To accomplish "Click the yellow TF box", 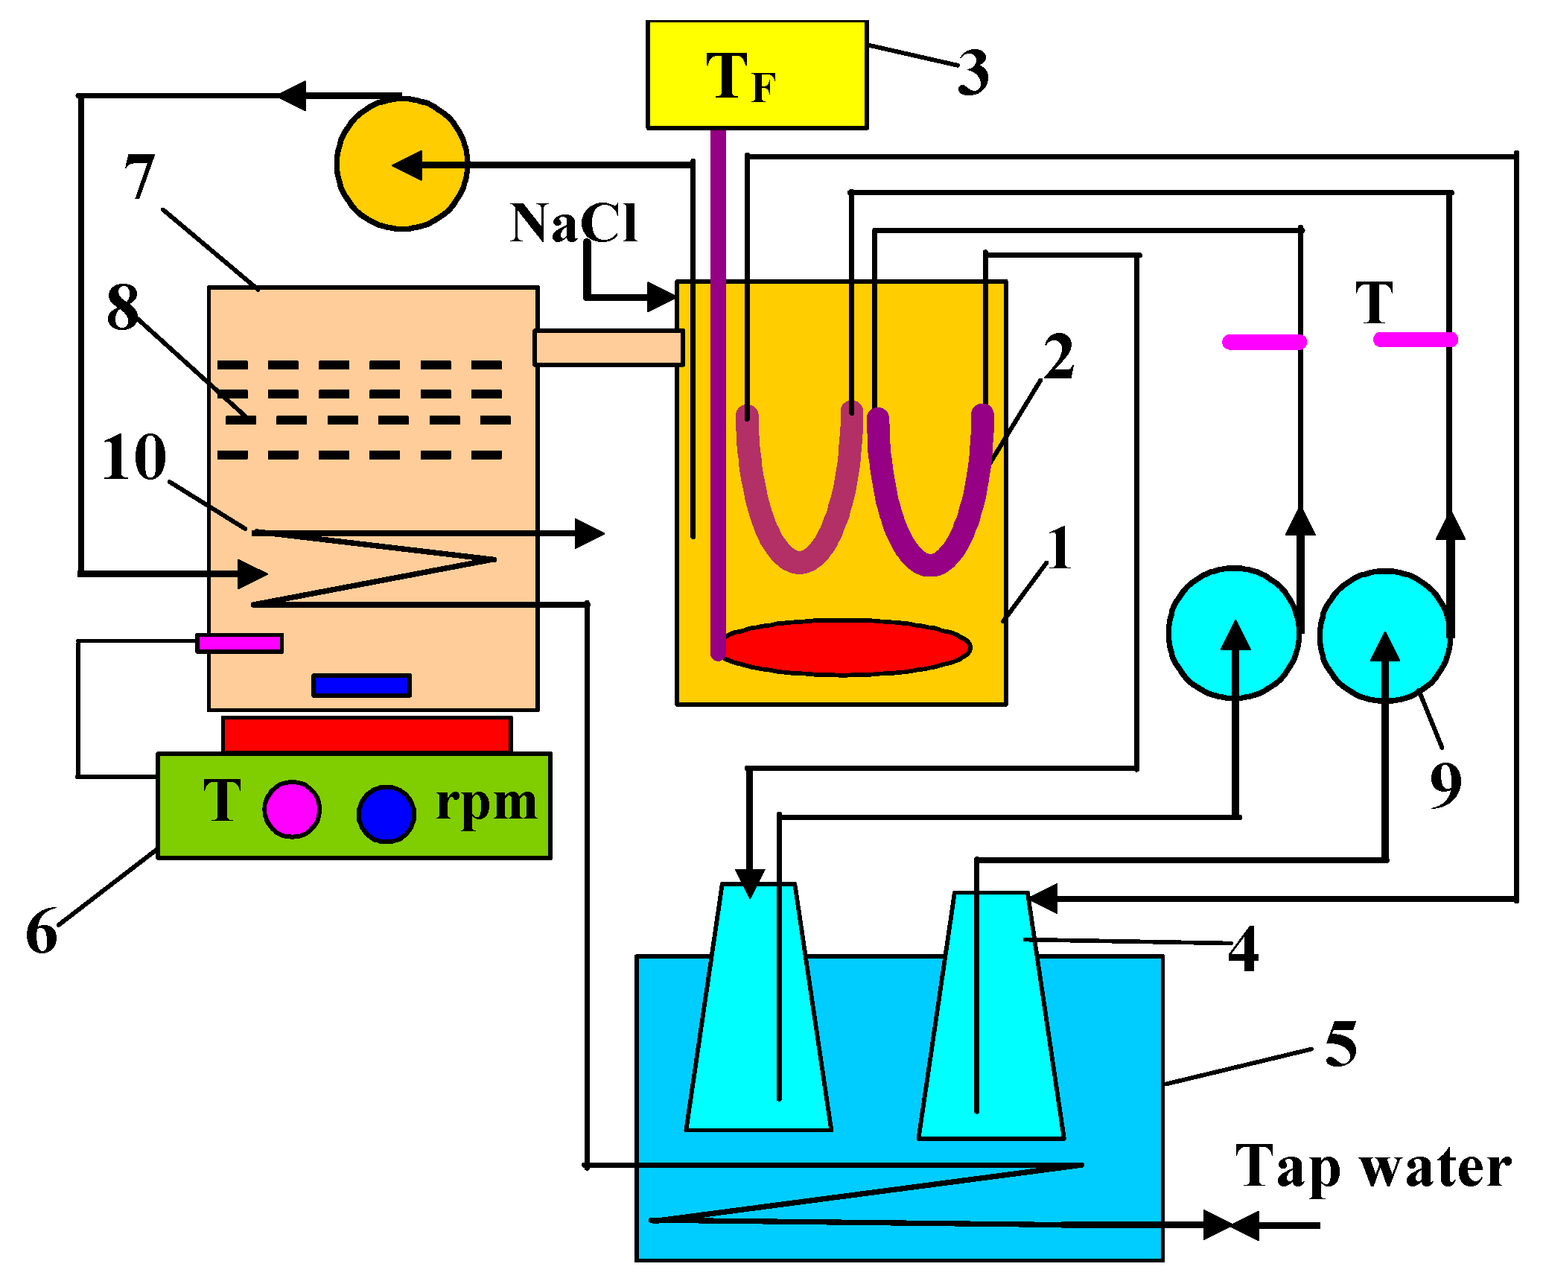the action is coord(757,74).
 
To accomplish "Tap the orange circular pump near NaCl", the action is coord(402,163).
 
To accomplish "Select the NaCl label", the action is coord(573,223).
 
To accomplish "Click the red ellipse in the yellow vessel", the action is coord(845,647).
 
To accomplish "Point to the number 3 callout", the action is coord(973,72).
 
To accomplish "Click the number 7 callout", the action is coord(140,177).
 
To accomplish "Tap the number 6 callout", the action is coord(42,931).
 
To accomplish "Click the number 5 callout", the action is coord(1341,1043).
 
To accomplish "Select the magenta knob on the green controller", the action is coord(292,809).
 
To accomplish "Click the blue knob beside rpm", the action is coord(386,813).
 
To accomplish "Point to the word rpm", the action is coord(486,804).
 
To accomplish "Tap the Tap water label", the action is coord(1373,1168).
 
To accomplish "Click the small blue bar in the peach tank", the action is coord(362,685).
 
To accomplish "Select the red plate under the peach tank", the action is coord(367,735).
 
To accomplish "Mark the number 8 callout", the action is coord(123,307).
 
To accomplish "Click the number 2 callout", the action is coord(1058,356).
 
